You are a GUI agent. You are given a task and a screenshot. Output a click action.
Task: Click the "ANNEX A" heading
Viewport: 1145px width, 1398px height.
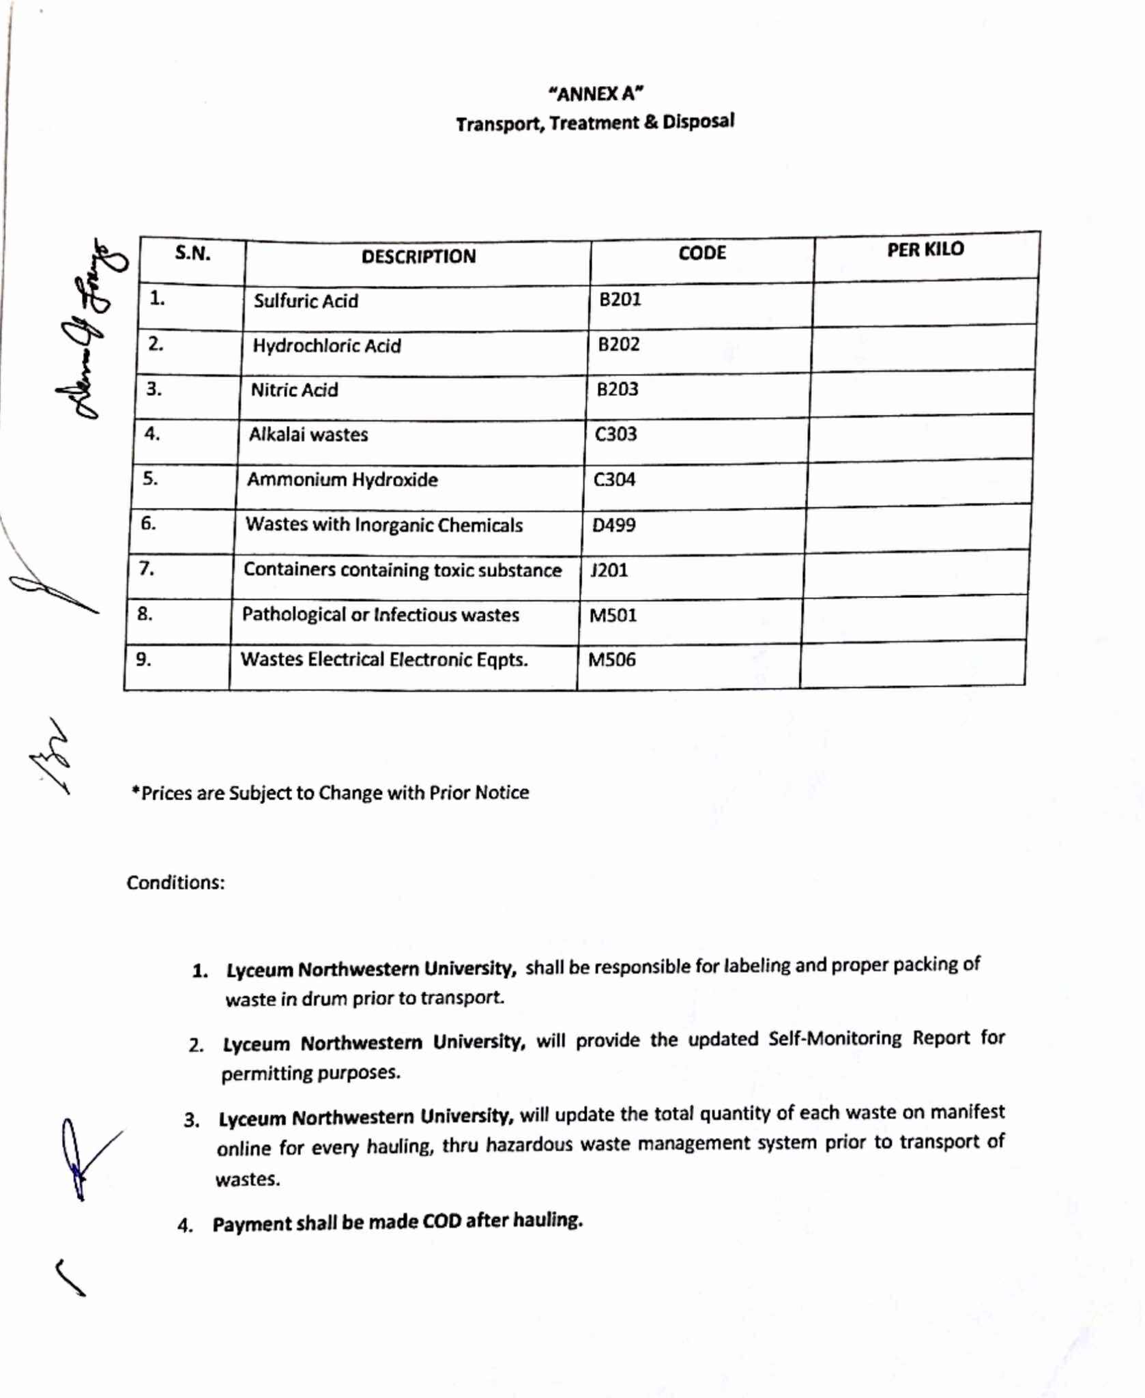[596, 93]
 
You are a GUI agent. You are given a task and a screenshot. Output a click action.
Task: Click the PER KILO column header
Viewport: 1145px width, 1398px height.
[925, 250]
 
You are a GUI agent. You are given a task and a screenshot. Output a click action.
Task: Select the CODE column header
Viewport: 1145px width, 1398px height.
[701, 253]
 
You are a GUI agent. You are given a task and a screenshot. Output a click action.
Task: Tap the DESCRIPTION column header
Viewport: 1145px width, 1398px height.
[418, 257]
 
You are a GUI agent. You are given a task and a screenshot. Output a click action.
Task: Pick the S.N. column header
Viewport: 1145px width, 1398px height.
[192, 254]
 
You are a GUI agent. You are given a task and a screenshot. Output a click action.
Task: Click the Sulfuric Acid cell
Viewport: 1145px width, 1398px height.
[306, 301]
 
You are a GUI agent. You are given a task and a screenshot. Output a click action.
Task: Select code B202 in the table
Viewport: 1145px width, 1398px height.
[619, 344]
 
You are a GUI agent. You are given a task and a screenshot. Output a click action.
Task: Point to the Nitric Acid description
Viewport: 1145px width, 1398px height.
[294, 390]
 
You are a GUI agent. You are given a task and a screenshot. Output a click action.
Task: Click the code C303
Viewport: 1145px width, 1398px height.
[615, 434]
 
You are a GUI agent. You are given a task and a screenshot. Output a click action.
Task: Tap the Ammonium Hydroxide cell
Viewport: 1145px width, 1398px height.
[342, 480]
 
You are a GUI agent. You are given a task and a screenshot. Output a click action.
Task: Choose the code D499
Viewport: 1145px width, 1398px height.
[613, 525]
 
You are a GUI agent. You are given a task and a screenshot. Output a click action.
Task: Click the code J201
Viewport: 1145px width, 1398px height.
[609, 570]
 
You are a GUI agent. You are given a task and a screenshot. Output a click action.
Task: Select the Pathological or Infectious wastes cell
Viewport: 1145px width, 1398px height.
[380, 615]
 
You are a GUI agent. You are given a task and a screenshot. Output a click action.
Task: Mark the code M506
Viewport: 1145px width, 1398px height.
[611, 660]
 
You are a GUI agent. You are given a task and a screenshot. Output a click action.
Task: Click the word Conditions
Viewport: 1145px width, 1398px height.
[175, 883]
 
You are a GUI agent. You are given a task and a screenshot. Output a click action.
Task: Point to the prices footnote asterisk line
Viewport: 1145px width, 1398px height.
[330, 793]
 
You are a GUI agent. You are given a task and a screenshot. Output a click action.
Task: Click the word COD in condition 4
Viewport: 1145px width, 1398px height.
[442, 1221]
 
